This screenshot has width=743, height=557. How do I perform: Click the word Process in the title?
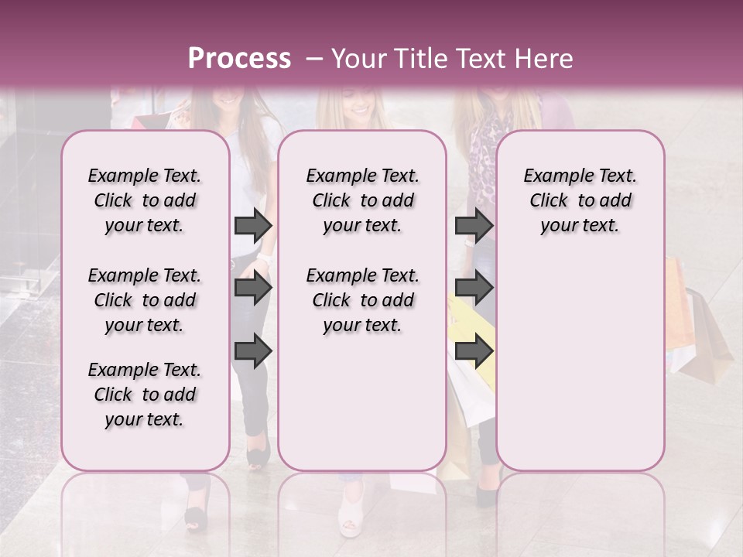(239, 59)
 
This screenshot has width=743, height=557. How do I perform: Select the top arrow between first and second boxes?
(253, 225)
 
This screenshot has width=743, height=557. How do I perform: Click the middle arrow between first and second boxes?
(253, 289)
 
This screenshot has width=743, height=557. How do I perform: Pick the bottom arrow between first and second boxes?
(253, 350)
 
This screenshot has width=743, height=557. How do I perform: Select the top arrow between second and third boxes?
(474, 225)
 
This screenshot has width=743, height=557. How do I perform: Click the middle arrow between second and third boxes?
(474, 289)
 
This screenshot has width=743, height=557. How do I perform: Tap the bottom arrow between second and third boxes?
(474, 350)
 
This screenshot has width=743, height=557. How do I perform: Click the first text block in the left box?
(145, 200)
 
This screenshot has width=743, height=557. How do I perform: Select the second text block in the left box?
(145, 300)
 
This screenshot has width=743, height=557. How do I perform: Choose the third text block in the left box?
(145, 395)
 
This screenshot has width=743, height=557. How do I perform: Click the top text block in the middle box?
(362, 200)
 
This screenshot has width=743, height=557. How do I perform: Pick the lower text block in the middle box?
(362, 300)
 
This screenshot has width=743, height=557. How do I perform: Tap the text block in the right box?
(580, 200)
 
